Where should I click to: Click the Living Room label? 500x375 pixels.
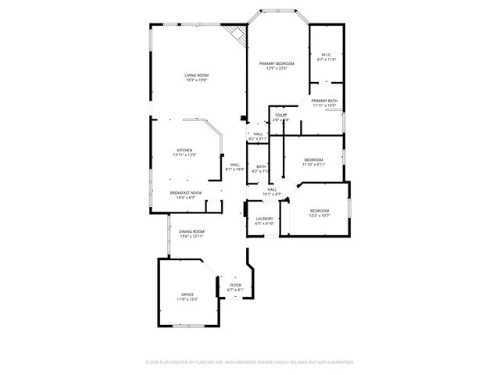196,75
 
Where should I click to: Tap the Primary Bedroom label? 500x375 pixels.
277,63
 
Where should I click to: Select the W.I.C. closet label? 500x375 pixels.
327,55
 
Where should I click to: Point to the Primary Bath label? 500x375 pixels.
324,101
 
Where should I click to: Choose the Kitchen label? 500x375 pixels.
184,150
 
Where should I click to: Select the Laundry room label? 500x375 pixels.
264,219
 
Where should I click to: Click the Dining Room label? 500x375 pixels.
191,232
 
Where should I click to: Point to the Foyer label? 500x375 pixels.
235,285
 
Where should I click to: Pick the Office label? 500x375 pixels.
187,295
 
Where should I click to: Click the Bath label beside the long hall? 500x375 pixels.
261,166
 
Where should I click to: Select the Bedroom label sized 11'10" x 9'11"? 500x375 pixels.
313,160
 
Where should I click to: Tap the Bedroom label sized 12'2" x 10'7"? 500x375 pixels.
319,210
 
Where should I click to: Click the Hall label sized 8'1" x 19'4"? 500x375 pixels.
234,164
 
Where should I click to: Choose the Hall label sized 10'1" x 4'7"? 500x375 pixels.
273,189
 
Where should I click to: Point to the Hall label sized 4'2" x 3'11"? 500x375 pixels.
258,134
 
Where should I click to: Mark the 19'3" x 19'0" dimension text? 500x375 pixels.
196,80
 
